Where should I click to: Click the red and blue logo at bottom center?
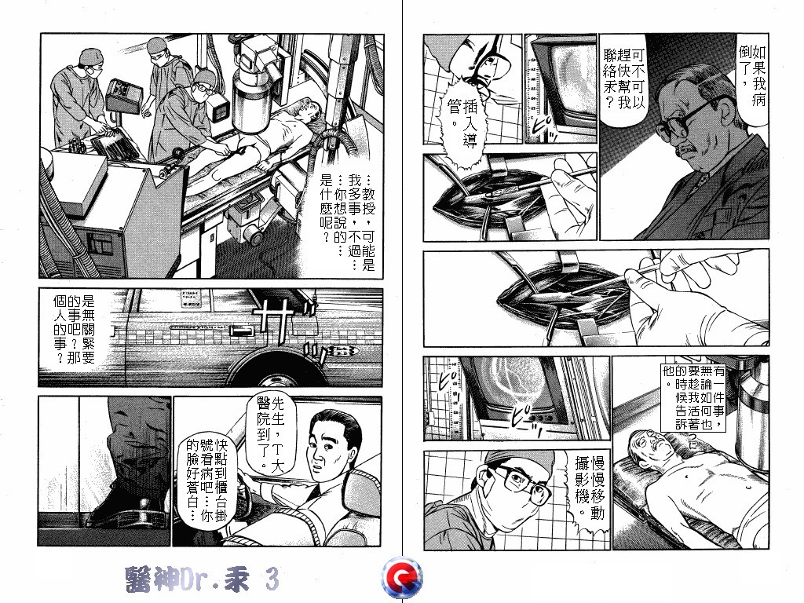coord(402,578)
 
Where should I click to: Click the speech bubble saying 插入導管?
coord(462,123)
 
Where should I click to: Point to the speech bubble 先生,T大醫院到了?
coord(271,433)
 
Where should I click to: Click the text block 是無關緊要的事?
coord(75,328)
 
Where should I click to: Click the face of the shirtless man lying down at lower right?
coord(650,444)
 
